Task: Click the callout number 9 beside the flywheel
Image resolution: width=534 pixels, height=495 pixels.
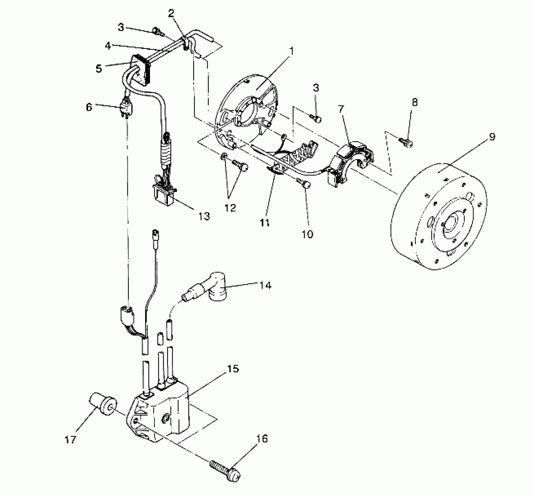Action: click(x=492, y=137)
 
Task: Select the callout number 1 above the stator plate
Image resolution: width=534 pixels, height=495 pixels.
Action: click(x=292, y=52)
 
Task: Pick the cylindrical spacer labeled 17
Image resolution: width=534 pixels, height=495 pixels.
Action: click(x=103, y=403)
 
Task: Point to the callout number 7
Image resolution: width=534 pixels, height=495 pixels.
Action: click(x=341, y=109)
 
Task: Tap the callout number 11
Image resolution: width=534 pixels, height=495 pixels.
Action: click(x=265, y=223)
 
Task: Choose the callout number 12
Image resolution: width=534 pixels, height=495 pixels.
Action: click(x=230, y=208)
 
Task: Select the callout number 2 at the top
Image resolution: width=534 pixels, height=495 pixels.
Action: click(x=172, y=13)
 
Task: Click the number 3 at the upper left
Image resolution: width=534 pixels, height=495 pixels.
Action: click(x=121, y=27)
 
